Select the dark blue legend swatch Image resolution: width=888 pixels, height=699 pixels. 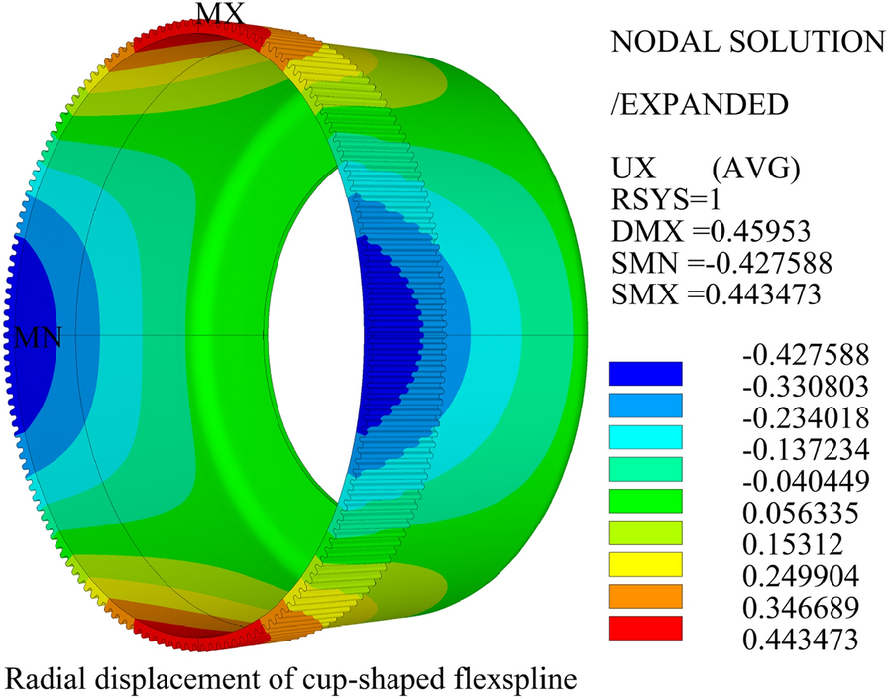coord(645,372)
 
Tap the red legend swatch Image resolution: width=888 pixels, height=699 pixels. coord(645,628)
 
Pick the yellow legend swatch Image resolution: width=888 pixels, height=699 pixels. coord(645,564)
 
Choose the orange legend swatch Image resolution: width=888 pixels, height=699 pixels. coord(645,596)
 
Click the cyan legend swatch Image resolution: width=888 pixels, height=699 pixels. coord(645,436)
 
